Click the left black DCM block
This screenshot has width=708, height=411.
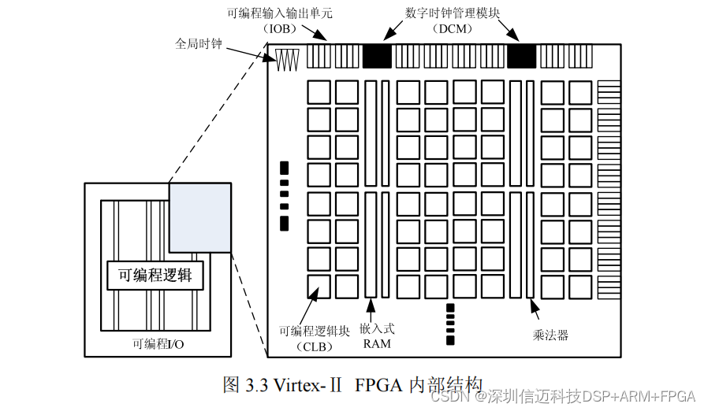[377, 56]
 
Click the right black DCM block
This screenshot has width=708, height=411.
[521, 56]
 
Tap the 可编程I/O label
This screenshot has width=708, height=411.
[158, 344]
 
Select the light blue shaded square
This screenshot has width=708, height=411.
[199, 217]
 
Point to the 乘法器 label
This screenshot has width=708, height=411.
[550, 335]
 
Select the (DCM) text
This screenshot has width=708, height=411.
[452, 28]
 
